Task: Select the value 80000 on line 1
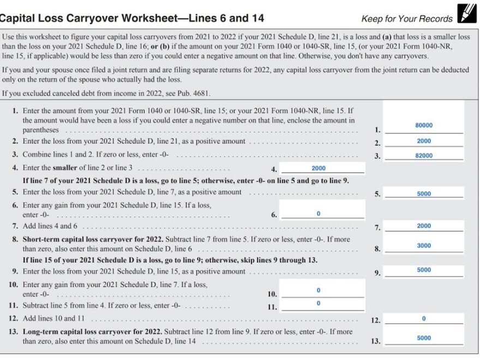click(424, 125)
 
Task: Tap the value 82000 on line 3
click(424, 155)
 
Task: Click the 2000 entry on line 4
click(319, 169)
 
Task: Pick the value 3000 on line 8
click(424, 246)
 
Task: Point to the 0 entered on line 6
click(319, 214)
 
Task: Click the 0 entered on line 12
click(424, 319)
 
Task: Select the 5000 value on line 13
click(424, 338)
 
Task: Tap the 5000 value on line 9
click(424, 270)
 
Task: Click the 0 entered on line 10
click(319, 290)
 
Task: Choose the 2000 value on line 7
click(424, 226)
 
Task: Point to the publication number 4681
click(200, 93)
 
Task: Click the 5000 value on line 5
click(424, 194)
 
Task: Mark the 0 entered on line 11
click(319, 303)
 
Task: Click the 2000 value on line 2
click(424, 141)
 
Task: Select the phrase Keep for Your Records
click(407, 19)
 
